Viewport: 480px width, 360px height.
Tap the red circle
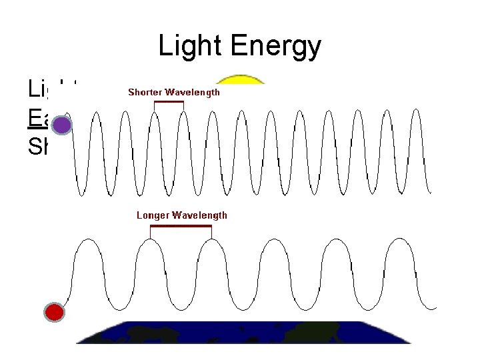(55, 311)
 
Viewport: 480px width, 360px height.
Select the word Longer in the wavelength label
(153, 215)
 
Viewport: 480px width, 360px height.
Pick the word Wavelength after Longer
(200, 215)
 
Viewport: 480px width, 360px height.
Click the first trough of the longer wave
(119, 309)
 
